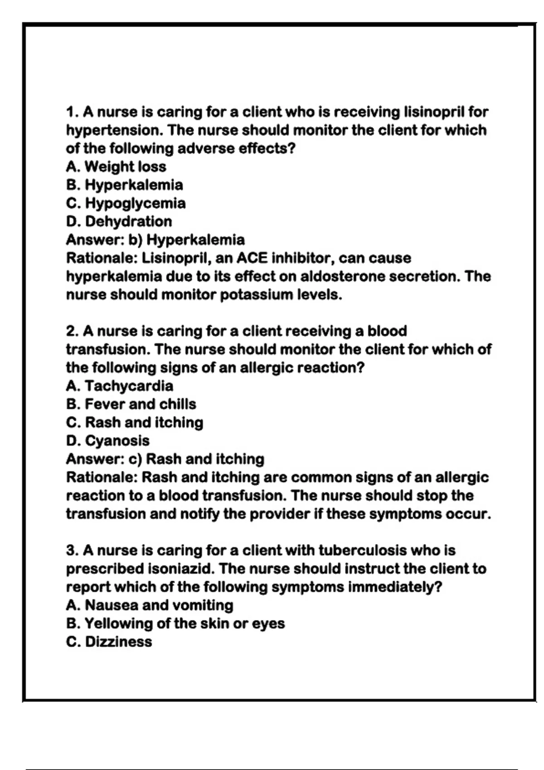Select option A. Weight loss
click(x=116, y=167)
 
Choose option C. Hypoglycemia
click(x=126, y=203)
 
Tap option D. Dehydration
click(x=119, y=221)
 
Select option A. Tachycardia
click(x=120, y=386)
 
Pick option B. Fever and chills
click(x=131, y=404)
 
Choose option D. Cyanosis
click(x=108, y=441)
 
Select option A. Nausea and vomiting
click(x=150, y=605)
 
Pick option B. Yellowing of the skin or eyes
click(x=175, y=624)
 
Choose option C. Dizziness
click(x=109, y=642)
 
